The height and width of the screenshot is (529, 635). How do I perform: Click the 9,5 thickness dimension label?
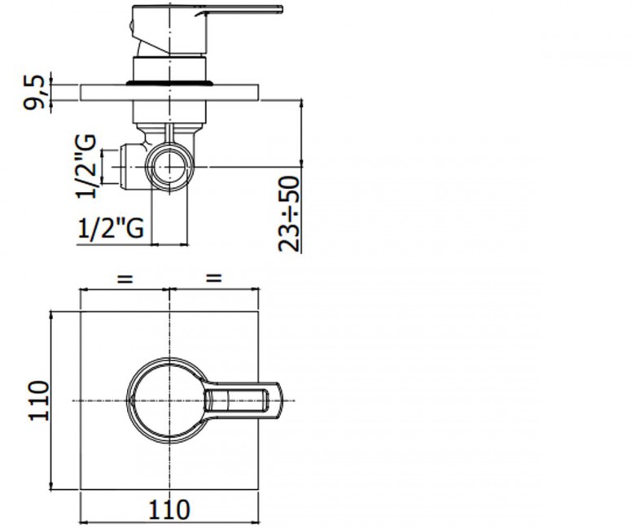tap(33, 93)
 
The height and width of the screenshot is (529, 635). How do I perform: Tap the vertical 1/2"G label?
tap(86, 166)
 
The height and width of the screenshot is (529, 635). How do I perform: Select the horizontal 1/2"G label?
tap(111, 228)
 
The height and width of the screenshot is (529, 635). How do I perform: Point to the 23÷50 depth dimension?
tap(290, 213)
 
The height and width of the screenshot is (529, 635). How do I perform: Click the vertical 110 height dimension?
tap(38, 400)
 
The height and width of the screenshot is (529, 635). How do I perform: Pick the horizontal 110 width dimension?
tap(169, 509)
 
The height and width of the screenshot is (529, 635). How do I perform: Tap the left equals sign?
tap(125, 278)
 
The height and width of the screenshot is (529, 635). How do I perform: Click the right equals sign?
tap(214, 278)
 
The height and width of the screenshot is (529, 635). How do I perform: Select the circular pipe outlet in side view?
tap(169, 167)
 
